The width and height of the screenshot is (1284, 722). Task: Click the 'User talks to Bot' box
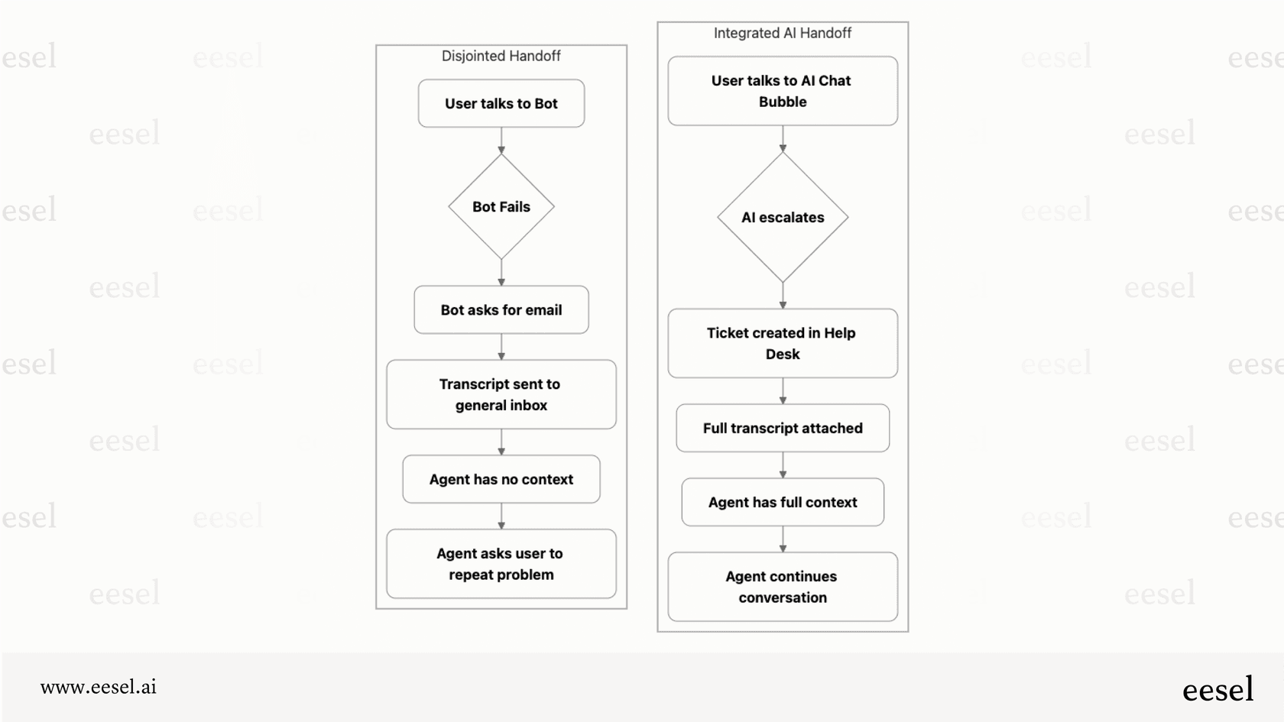501,103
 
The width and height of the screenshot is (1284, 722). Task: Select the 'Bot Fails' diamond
501,206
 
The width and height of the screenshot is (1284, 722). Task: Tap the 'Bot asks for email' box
501,309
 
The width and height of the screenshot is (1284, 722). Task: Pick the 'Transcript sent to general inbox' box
501,394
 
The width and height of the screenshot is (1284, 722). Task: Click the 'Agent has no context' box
501,479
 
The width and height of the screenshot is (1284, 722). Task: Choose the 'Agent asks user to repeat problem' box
501,564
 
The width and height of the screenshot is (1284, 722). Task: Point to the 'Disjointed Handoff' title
501,56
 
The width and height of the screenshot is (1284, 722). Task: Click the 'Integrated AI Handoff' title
783,33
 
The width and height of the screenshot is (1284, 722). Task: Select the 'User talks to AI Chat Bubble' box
783,91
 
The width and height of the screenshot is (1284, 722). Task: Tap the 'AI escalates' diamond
783,217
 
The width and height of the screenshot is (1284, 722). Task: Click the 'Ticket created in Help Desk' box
783,343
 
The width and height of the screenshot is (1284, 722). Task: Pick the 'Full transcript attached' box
783,428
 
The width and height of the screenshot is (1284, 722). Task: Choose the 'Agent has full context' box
783,502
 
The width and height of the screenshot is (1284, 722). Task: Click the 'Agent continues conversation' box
783,587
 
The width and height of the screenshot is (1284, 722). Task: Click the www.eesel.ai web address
99,687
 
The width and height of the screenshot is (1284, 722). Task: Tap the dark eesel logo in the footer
1218,689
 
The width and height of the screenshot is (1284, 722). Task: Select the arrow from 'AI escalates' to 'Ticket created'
783,296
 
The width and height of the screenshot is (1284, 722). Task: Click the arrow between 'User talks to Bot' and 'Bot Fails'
501,141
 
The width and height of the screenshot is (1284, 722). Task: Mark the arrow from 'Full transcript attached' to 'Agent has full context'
783,465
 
